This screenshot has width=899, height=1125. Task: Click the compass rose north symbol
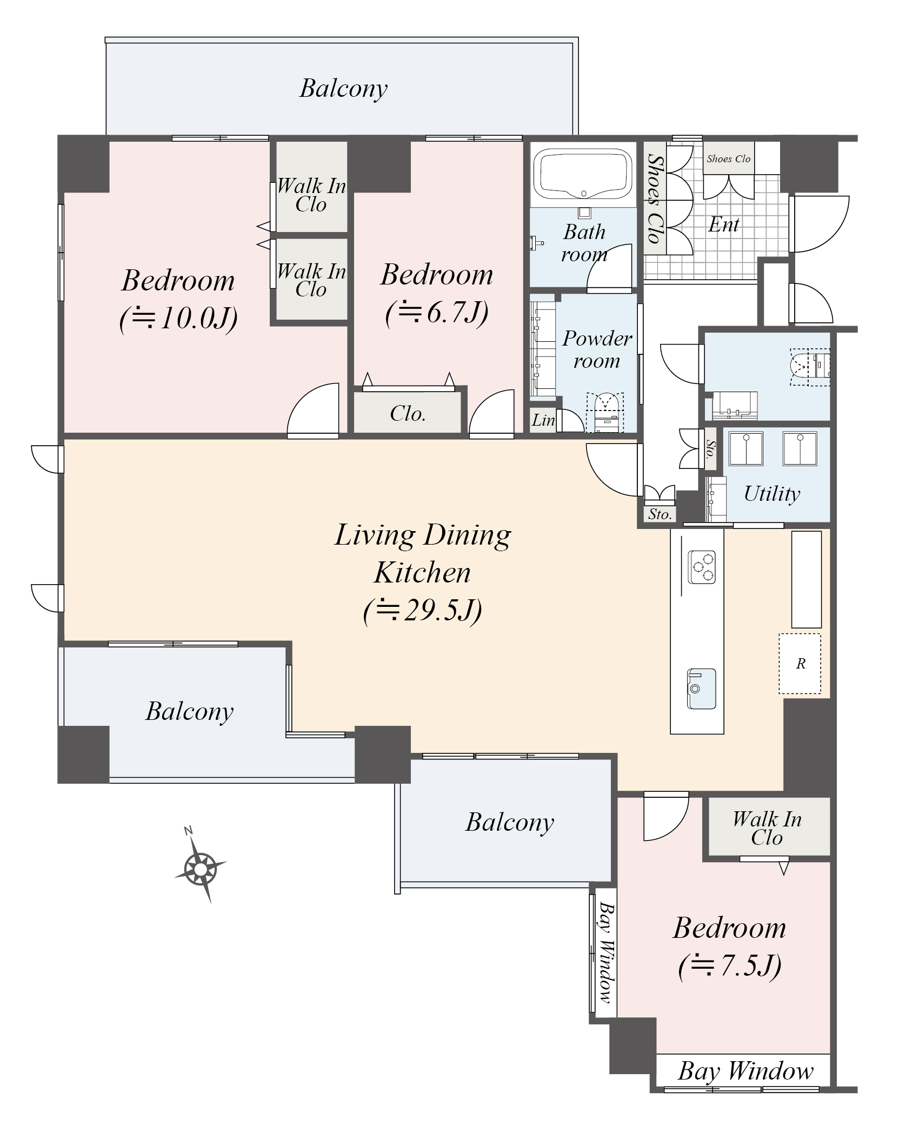pos(200,869)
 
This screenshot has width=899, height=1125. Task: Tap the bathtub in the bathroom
pos(583,174)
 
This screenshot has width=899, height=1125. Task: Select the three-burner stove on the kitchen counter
pos(702,566)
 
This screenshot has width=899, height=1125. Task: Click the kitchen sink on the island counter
pos(701,689)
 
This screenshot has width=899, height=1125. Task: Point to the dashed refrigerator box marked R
pos(800,664)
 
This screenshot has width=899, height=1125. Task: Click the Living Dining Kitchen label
pos(422,553)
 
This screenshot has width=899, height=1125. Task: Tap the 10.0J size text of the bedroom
pos(178,319)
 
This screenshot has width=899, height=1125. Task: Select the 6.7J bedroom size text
pos(437,312)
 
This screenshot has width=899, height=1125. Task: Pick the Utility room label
pos(771,494)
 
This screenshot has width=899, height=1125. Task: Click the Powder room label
pos(597,349)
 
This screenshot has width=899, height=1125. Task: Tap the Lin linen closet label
pos(543,420)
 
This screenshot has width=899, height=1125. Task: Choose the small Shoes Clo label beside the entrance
pos(728,158)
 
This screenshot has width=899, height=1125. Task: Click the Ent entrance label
pos(724,224)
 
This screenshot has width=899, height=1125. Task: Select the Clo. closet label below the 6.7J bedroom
pos(408,414)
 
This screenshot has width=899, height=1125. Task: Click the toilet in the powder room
pos(605,411)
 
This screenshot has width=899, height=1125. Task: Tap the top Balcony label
pos(343,88)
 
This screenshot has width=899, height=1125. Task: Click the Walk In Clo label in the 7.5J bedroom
pos(767,828)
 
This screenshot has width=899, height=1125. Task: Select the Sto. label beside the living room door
pos(660,514)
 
